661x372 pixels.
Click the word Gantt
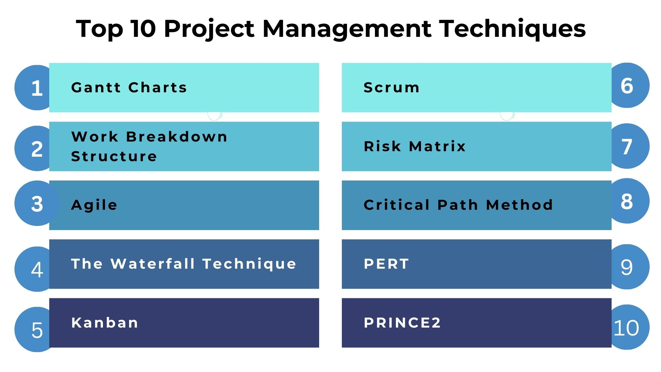tap(96, 87)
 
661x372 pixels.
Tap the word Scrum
tap(391, 87)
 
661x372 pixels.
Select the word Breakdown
tap(177, 137)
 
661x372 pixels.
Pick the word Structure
tap(114, 156)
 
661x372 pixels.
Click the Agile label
tap(94, 205)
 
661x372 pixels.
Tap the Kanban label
tap(105, 323)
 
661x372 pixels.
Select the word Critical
tap(397, 205)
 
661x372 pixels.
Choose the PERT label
tap(386, 264)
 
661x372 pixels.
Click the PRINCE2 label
tap(402, 323)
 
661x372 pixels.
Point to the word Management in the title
tap(346, 29)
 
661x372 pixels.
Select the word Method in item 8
tap(519, 205)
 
